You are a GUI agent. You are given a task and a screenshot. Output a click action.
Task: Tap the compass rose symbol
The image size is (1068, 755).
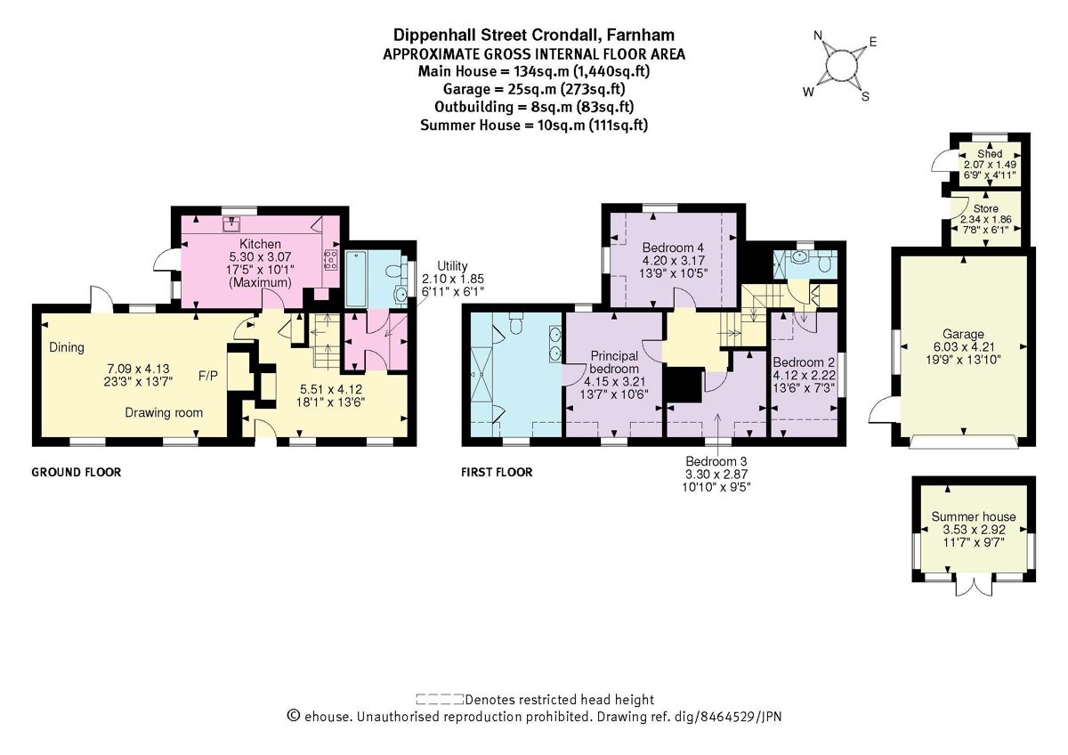pyautogui.click(x=841, y=66)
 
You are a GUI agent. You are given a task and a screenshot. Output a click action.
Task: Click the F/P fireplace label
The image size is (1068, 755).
pyautogui.click(x=208, y=375)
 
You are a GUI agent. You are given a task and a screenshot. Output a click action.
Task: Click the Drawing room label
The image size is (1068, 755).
pyautogui.click(x=164, y=412)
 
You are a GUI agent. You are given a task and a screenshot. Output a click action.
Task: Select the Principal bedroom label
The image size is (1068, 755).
pyautogui.click(x=613, y=362)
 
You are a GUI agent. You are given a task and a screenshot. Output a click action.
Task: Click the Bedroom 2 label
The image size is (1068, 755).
pyautogui.click(x=803, y=363)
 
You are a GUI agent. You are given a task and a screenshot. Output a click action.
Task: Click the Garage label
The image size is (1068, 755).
pyautogui.click(x=963, y=335)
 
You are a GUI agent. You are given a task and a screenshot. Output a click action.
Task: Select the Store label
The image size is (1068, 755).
pyautogui.click(x=985, y=208)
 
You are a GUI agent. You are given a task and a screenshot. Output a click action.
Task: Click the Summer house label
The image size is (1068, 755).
pyautogui.click(x=973, y=517)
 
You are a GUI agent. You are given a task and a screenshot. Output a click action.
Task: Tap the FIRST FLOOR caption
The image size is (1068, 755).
pyautogui.click(x=497, y=472)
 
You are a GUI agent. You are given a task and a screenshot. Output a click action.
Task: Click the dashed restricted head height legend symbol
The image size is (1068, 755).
pyautogui.click(x=439, y=700)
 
